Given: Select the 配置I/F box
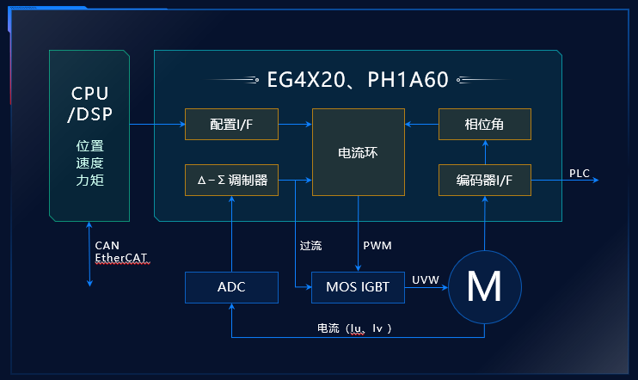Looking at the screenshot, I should (231, 125).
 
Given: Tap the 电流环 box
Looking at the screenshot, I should (358, 152).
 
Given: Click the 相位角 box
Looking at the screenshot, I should (484, 125).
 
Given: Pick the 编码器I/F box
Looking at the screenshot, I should (484, 180).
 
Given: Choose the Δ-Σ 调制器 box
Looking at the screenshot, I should (231, 180).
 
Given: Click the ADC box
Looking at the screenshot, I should (231, 287).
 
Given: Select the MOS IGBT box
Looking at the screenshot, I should (358, 287).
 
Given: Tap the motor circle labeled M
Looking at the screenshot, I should (484, 287).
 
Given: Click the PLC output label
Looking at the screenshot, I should (580, 173).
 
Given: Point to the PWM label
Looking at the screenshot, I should (377, 246).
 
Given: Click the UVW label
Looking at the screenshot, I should (426, 279).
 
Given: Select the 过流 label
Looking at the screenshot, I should (310, 246).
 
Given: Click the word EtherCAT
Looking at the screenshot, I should (122, 257).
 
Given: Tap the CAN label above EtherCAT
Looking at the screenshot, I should (107, 245).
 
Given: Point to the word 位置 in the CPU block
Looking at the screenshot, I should (89, 145).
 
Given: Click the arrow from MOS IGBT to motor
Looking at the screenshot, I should (426, 288).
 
